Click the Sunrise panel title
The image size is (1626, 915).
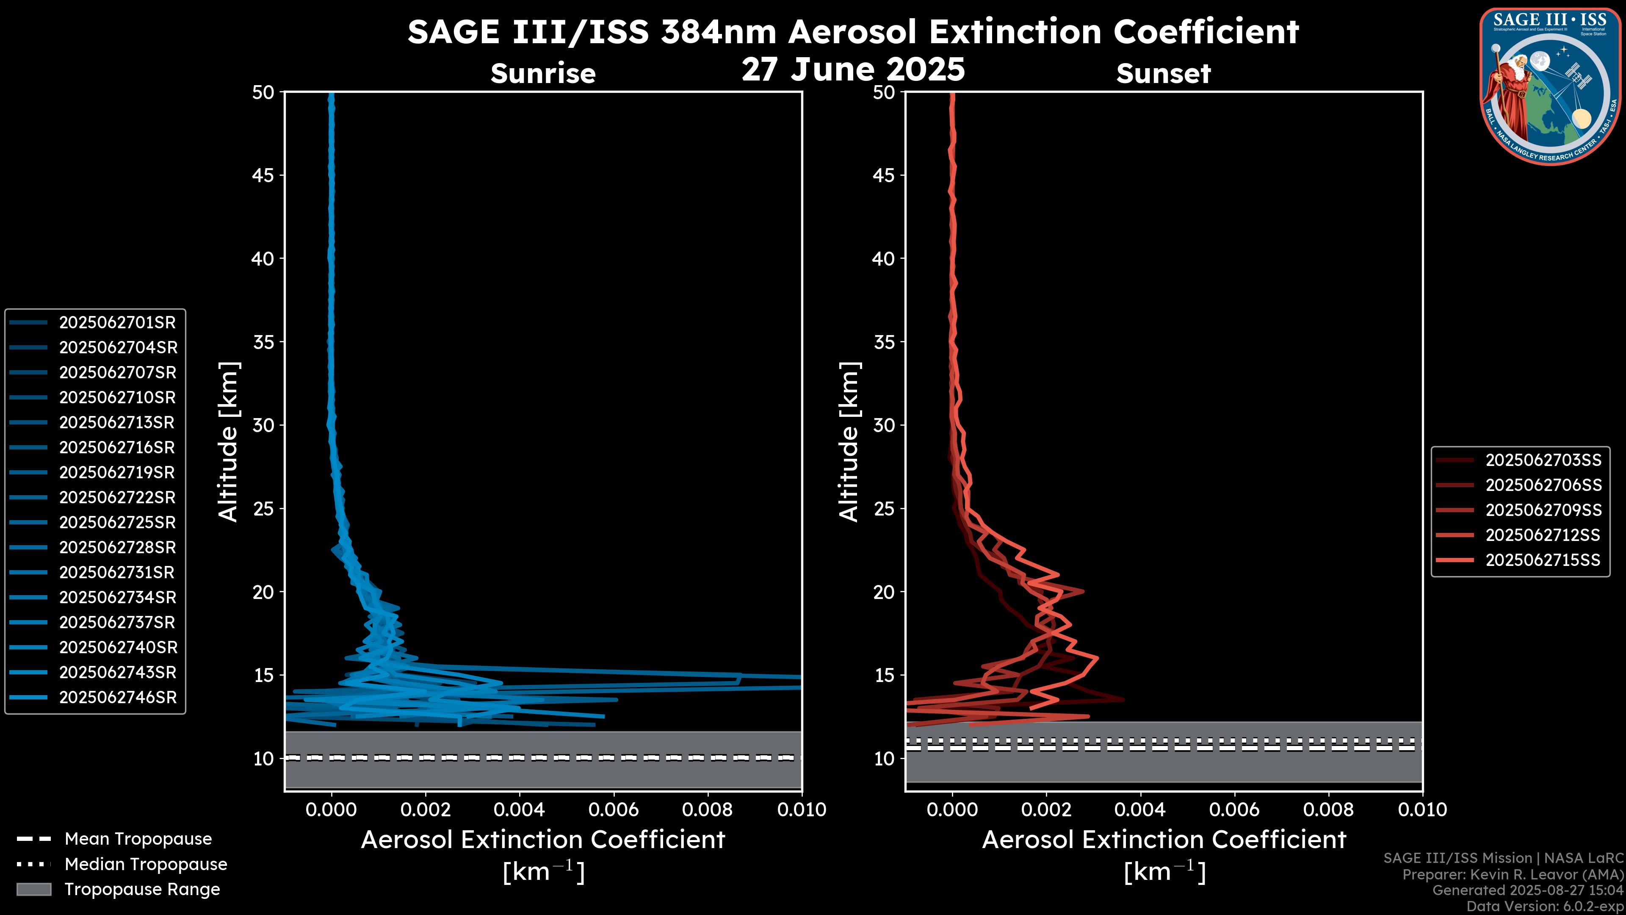click(x=543, y=73)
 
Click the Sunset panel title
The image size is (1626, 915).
click(x=1163, y=73)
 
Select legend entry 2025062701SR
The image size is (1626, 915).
click(x=117, y=323)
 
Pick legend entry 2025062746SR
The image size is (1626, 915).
click(x=117, y=697)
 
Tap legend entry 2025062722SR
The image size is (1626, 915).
click(x=117, y=498)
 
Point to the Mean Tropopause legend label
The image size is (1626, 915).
click(x=138, y=839)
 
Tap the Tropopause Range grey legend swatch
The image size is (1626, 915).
click(x=33, y=889)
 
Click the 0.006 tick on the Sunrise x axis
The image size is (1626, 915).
click(x=613, y=810)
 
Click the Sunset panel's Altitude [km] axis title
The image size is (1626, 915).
click(x=849, y=442)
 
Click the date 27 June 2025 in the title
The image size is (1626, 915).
click(x=853, y=69)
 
